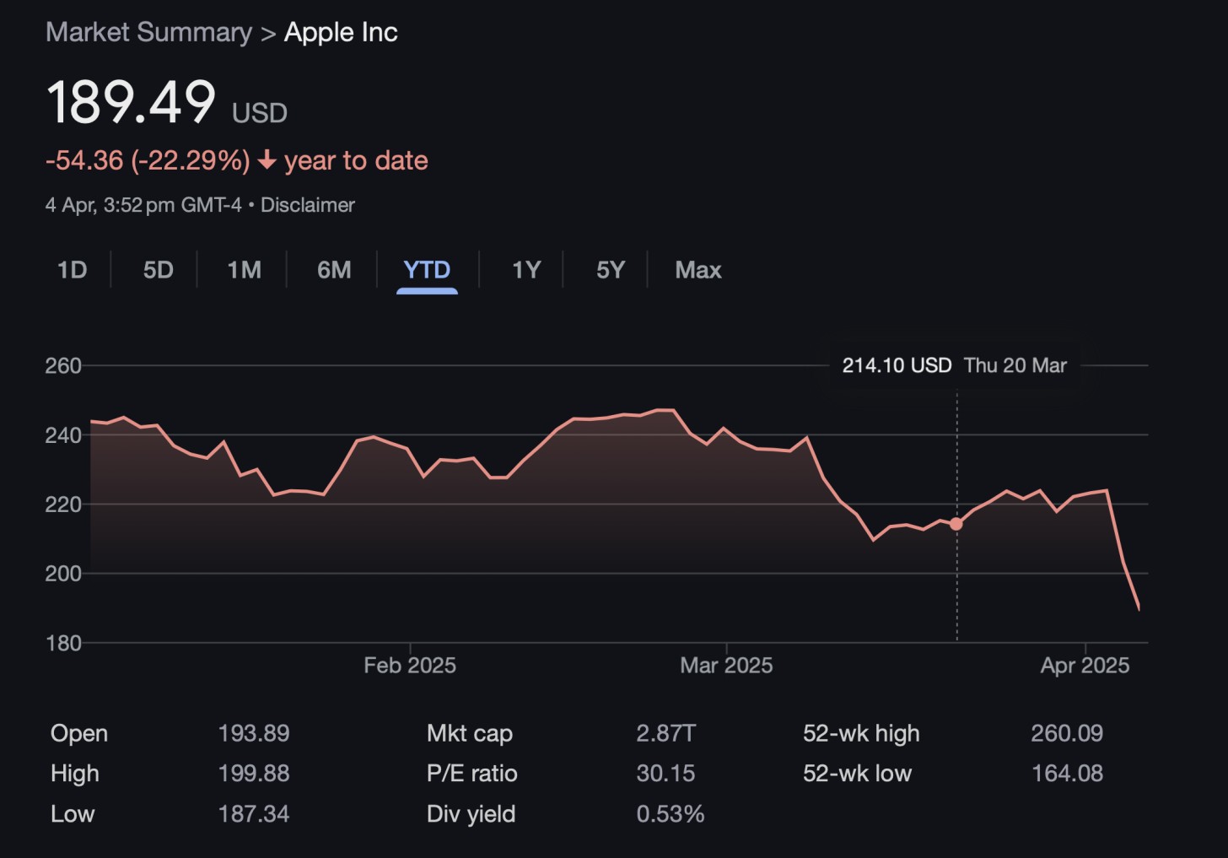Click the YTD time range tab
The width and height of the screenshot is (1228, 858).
(427, 270)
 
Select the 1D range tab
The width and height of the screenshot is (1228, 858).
(73, 270)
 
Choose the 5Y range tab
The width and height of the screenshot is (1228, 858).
(611, 270)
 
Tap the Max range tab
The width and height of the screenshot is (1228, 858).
(698, 270)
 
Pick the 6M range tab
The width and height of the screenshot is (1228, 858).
(334, 270)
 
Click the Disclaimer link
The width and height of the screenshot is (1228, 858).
(308, 205)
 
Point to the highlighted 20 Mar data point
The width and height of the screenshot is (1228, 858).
(956, 524)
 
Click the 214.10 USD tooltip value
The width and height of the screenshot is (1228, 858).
(897, 365)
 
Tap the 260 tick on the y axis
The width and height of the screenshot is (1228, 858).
(63, 366)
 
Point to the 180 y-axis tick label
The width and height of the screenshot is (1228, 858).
(63, 643)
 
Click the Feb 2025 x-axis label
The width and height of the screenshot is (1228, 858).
(410, 666)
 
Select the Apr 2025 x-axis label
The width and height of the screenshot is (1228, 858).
(1085, 666)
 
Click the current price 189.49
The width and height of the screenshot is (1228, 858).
(132, 103)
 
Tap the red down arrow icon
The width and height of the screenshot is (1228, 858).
(267, 160)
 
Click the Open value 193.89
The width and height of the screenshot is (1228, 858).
(254, 733)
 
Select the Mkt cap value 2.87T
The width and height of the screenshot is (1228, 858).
(665, 733)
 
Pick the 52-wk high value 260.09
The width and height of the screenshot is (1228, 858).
(1067, 733)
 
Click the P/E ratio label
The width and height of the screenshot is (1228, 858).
(472, 774)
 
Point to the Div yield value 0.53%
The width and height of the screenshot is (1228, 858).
(671, 814)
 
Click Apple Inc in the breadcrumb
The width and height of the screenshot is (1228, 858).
(341, 32)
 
